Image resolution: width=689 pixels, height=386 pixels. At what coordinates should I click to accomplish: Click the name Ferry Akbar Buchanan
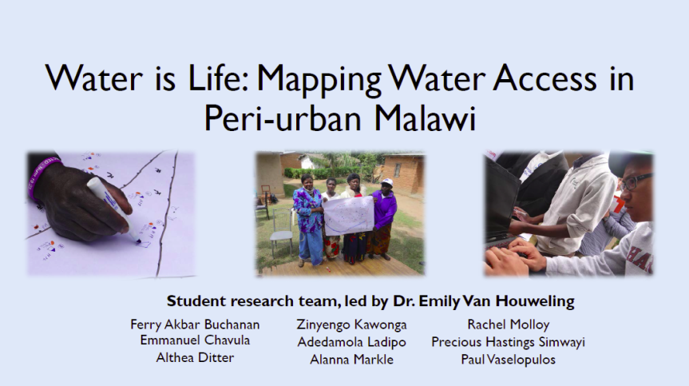(195, 325)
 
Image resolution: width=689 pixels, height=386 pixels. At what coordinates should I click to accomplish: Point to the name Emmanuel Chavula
(195, 340)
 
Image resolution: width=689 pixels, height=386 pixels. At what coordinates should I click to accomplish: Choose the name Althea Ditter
(195, 358)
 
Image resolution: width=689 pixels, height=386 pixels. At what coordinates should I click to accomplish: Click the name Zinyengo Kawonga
(351, 325)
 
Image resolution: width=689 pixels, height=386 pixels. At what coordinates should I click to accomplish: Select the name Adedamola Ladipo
(351, 342)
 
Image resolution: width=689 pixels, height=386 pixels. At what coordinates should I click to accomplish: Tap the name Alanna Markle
(351, 360)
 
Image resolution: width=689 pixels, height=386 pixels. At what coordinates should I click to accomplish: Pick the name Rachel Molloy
(509, 325)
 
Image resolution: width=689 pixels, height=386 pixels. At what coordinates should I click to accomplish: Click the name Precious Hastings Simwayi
(508, 342)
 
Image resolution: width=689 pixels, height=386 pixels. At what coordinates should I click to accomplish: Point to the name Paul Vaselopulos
(508, 360)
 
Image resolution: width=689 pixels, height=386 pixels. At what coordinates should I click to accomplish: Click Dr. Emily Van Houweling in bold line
(483, 301)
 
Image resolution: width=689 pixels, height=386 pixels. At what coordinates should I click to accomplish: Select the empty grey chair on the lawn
(281, 231)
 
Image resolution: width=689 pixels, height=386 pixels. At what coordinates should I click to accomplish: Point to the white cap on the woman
(386, 181)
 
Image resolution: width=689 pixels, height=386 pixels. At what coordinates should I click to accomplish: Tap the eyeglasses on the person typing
(636, 181)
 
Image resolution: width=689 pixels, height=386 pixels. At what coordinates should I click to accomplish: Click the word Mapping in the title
(319, 78)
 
